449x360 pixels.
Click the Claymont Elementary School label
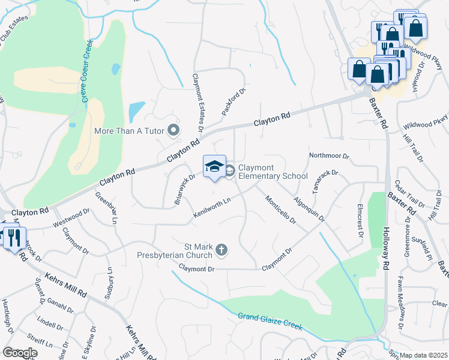[273, 172]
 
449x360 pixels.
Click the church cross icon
[221, 250]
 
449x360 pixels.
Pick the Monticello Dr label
[280, 210]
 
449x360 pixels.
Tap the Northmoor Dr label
[329, 155]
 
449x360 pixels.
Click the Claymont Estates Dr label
[197, 103]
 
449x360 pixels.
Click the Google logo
[20, 352]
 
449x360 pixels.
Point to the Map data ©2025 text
[423, 355]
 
